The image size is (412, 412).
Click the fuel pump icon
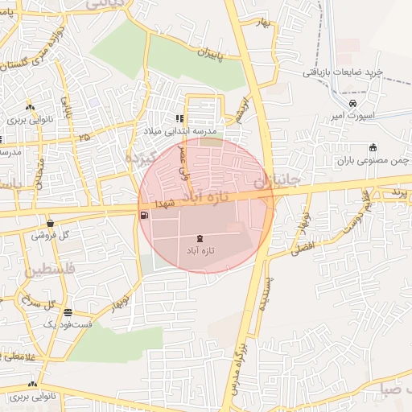pos(144,215)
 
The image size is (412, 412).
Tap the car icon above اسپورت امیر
pos(352,104)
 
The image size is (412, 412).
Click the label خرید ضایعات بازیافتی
pos(344,72)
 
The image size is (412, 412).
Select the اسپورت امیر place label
pos(352,117)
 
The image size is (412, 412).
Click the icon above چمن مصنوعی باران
pos(372,147)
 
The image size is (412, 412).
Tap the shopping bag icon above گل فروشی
pos(50,224)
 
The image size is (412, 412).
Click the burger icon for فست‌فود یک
pos(68,312)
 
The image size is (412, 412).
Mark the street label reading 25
pos(84,137)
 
